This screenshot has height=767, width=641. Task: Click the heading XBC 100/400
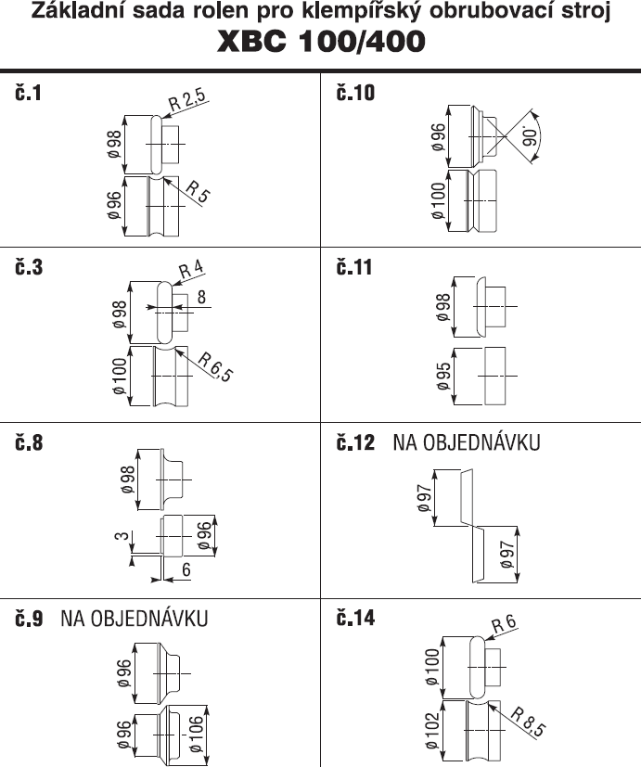[x=321, y=41]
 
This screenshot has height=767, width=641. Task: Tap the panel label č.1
[x=29, y=93]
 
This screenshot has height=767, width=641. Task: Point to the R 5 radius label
[x=199, y=191]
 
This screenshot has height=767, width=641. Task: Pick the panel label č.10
[x=355, y=93]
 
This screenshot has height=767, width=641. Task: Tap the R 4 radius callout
[x=191, y=270]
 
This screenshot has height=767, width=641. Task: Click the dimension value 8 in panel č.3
[x=201, y=297]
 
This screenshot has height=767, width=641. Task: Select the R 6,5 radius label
[x=215, y=367]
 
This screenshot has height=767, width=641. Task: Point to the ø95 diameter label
[x=443, y=377]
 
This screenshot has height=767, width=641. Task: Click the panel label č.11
[x=354, y=268]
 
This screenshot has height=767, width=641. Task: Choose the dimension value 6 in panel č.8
[x=186, y=569]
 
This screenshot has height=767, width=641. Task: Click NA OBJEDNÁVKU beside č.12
[x=467, y=442]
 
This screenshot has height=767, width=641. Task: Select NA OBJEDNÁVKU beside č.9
[x=135, y=619]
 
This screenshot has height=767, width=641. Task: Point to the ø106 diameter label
[x=195, y=734]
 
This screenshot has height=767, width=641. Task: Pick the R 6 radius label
[x=504, y=624]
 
